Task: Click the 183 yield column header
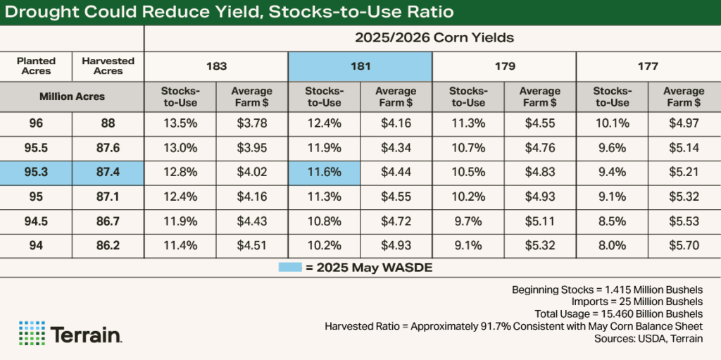(216, 66)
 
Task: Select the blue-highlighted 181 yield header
(360, 66)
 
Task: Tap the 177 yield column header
(648, 66)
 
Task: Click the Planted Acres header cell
(36, 66)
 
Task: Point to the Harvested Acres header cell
(108, 66)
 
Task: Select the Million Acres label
(72, 97)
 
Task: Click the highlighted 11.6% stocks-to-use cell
(323, 172)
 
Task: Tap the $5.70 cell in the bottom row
(683, 245)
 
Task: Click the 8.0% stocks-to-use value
(611, 245)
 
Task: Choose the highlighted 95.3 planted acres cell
(36, 172)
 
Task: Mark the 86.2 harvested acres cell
(108, 245)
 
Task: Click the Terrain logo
(70, 333)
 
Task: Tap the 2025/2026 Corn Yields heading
(432, 37)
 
